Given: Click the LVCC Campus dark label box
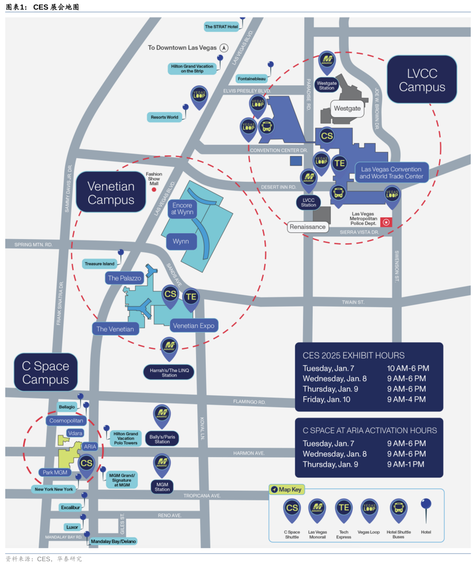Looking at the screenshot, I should click(422, 80).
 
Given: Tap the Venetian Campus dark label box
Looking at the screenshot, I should click(111, 193).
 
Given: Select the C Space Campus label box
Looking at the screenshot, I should click(46, 373).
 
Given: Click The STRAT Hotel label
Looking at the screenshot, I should click(221, 27).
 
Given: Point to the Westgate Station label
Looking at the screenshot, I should click(327, 85).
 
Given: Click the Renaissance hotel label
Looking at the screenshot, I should click(308, 227).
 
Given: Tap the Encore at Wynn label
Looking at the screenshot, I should click(182, 209).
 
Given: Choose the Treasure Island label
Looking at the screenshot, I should click(100, 264).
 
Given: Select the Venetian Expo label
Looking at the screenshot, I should click(193, 326).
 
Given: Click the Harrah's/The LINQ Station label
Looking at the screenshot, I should click(169, 373).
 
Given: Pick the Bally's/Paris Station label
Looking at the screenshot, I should click(162, 439).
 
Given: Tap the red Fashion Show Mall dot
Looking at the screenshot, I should click(154, 190).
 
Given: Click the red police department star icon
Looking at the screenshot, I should click(387, 222).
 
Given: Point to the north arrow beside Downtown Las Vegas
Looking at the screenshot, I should click(224, 48).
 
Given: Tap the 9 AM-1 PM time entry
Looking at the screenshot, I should click(405, 464).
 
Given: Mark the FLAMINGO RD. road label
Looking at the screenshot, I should click(249, 402).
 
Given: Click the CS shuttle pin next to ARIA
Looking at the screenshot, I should click(86, 463).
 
